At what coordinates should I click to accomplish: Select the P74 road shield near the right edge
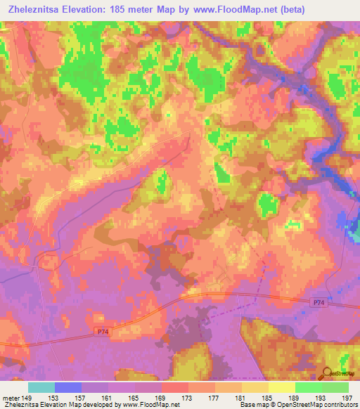(x=319, y=301)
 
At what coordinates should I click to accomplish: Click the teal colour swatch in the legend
(x=41, y=387)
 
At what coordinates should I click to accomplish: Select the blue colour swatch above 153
(x=68, y=387)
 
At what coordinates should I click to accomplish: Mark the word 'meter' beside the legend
(x=11, y=397)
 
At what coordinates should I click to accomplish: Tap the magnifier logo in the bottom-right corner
(x=327, y=373)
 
